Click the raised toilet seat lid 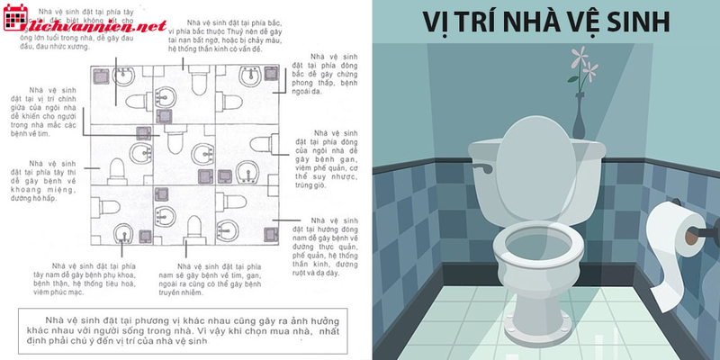tap(536, 154)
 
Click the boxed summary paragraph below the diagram tap(180, 332)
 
